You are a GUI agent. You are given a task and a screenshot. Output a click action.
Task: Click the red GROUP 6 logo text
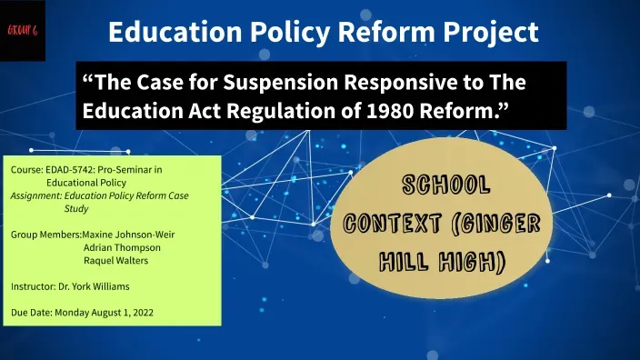point(23,30)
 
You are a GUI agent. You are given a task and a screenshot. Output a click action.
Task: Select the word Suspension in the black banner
point(280,83)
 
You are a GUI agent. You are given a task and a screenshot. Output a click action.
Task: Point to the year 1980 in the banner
point(390,111)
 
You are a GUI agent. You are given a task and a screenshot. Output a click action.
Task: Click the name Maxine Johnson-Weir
point(128,235)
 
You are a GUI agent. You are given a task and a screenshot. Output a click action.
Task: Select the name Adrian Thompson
point(122,248)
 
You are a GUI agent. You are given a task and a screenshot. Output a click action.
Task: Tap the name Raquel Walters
point(116,260)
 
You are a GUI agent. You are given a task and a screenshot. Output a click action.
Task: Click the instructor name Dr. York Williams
point(94,286)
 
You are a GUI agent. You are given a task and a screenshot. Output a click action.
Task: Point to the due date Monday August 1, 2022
point(104,313)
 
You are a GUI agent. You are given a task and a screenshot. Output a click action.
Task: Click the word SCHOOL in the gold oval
point(446,185)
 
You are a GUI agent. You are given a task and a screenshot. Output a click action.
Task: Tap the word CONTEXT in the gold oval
point(392,224)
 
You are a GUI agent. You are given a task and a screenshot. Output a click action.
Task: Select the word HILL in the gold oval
point(404,262)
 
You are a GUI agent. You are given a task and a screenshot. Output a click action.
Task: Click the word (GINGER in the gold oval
point(495,224)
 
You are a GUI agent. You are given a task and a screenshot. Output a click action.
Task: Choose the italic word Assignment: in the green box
point(36,196)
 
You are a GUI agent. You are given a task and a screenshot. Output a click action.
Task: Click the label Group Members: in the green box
point(46,235)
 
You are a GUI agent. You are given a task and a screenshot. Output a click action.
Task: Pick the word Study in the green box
point(76,208)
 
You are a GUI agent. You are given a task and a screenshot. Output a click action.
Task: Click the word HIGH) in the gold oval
point(473,262)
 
